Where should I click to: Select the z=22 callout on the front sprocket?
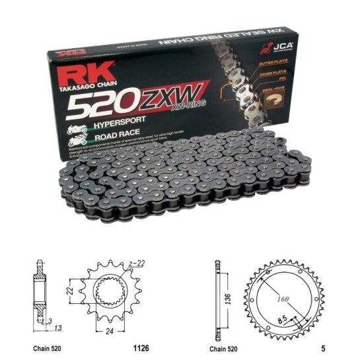pyautogui.click(x=137, y=264)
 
